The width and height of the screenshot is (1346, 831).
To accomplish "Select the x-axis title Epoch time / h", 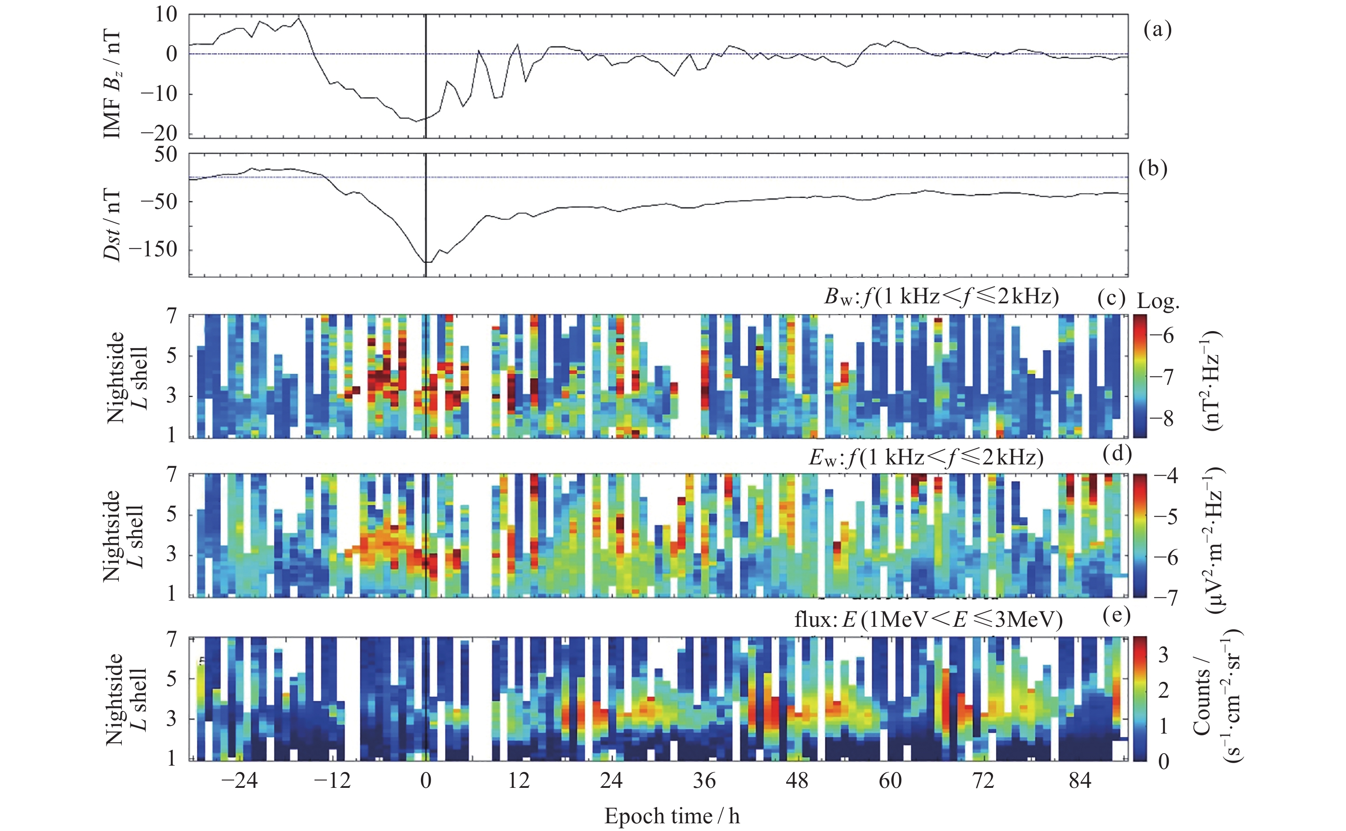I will tap(672, 816).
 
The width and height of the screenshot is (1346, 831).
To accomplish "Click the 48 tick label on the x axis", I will tap(797, 781).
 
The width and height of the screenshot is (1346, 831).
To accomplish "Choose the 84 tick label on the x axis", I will tap(1079, 781).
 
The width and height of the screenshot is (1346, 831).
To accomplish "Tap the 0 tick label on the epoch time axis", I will tap(426, 781).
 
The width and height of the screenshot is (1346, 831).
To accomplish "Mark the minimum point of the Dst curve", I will tap(428, 263).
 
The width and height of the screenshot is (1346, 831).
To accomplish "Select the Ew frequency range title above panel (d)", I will tap(926, 457).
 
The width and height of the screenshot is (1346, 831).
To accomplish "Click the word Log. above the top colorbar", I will tap(1158, 301).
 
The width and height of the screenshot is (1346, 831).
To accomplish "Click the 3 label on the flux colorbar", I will tap(1163, 655).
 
